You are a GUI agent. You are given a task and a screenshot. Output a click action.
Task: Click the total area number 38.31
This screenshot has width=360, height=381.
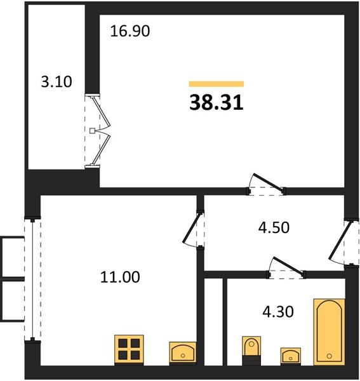click(217, 102)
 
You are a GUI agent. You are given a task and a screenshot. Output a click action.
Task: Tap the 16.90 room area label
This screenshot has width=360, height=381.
click(130, 31)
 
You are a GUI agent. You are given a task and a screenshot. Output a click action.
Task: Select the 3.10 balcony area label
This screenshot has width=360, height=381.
click(57, 82)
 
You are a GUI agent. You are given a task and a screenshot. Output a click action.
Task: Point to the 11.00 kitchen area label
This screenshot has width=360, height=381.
click(120, 277)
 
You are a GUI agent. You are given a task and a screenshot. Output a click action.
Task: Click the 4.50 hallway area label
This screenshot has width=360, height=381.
click(274, 228)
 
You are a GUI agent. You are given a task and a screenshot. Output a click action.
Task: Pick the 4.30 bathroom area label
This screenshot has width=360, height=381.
click(278, 312)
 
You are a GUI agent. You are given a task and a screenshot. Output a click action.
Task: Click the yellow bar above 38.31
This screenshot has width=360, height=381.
click(217, 84)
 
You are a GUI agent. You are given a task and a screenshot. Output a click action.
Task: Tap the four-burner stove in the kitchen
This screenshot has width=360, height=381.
click(129, 350)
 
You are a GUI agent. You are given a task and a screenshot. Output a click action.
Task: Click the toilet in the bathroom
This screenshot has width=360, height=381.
click(251, 351)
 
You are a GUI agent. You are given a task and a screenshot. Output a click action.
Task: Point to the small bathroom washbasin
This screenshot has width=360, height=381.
click(291, 356)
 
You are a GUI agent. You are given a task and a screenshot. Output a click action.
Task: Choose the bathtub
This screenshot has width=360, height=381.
click(329, 332)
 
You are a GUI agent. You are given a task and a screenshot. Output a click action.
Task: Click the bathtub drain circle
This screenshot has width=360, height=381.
click(330, 356)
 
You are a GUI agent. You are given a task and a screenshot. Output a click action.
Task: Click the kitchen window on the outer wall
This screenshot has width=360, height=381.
click(32, 279)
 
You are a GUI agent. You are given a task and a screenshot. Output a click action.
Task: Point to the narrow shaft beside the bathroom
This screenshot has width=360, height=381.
click(213, 321)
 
